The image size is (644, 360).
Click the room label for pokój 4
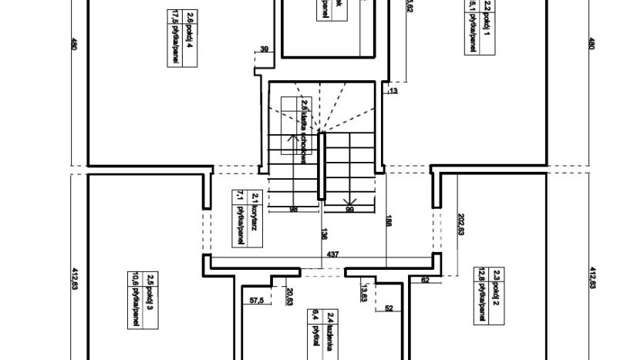click(x=172, y=33)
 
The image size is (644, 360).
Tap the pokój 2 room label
click(x=483, y=294)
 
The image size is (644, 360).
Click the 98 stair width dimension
click(x=293, y=209)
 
